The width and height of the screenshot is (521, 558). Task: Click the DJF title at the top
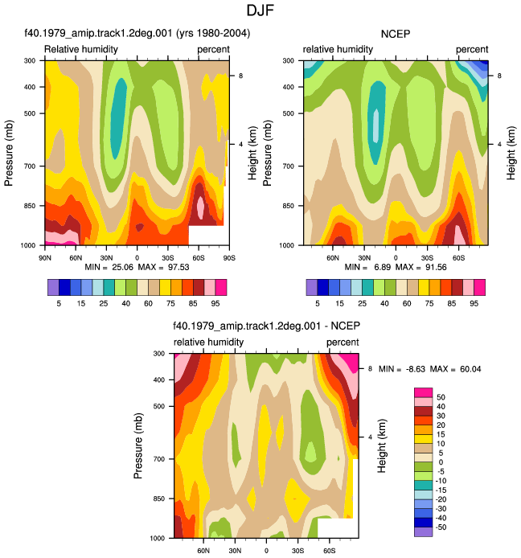(x=260, y=10)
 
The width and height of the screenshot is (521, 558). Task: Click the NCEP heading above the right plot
(x=396, y=34)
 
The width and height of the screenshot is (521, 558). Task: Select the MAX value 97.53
(x=178, y=267)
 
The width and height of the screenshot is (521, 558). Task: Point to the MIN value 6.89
(x=383, y=267)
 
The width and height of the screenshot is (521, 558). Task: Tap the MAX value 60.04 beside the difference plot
(x=470, y=369)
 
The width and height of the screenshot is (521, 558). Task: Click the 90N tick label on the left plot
(x=45, y=257)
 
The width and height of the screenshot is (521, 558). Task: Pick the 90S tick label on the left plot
(x=229, y=257)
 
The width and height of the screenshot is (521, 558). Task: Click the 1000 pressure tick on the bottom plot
(x=158, y=538)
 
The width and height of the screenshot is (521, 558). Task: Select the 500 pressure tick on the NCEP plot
(x=289, y=113)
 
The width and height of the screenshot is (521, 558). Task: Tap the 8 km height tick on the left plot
(x=241, y=76)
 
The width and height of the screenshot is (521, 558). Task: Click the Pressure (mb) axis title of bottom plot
(x=138, y=446)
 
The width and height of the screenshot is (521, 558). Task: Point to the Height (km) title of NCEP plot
(x=511, y=153)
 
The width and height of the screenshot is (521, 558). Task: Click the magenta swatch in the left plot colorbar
(x=221, y=287)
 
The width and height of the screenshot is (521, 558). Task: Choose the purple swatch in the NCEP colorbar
(x=312, y=287)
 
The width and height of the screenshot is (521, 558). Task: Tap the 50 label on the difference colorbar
(x=441, y=397)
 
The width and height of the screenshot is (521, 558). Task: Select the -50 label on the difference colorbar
(x=441, y=527)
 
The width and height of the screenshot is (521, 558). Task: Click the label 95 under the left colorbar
(x=215, y=303)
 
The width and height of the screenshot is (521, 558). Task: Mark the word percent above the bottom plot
(x=343, y=343)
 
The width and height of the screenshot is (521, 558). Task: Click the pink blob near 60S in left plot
(x=200, y=206)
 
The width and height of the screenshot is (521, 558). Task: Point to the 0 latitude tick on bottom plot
(x=266, y=551)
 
